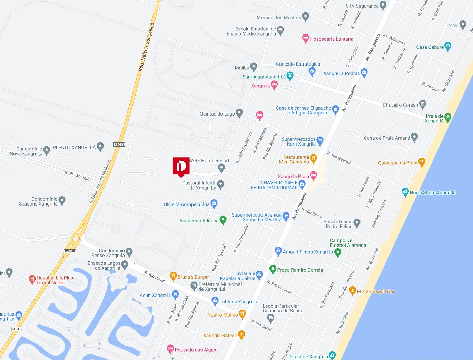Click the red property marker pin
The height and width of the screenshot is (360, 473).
[x=181, y=167]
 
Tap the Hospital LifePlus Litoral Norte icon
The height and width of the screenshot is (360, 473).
[x=32, y=279]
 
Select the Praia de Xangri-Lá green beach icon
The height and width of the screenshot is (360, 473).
[x=448, y=117]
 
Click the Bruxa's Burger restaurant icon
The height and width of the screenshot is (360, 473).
[x=174, y=276]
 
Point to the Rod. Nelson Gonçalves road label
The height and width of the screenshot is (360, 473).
[x=146, y=47]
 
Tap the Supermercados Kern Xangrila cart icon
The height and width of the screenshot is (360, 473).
[x=320, y=140]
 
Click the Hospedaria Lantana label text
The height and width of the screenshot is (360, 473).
[x=331, y=39]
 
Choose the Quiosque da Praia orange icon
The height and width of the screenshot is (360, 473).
[x=421, y=162]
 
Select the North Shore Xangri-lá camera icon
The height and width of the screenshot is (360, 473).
[x=405, y=192]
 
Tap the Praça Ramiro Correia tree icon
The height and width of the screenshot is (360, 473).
[x=273, y=269]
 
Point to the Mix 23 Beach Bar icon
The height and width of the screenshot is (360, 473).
[x=352, y=290]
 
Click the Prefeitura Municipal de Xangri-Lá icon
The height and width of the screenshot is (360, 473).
[x=194, y=286]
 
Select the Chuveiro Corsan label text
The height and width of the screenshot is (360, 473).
[x=400, y=105]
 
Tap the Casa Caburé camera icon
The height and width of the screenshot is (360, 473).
[x=448, y=46]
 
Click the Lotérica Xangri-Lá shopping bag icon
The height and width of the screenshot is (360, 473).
[x=215, y=301]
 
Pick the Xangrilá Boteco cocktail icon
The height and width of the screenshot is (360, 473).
[x=242, y=334]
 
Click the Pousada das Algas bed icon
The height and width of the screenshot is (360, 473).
[x=170, y=349]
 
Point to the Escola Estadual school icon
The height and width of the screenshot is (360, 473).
[x=280, y=30]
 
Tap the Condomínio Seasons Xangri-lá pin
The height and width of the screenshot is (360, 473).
[x=62, y=200]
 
